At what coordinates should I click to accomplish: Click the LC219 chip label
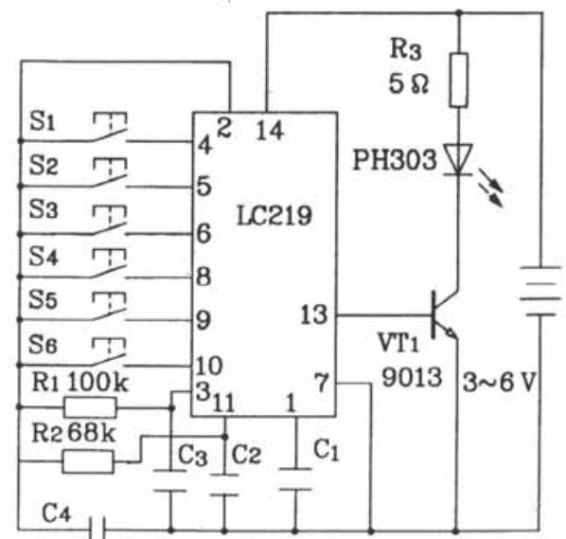pyautogui.click(x=274, y=216)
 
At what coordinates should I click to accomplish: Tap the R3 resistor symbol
pyautogui.click(x=459, y=80)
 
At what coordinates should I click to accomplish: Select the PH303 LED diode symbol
pyautogui.click(x=458, y=159)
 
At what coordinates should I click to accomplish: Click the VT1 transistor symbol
pyautogui.click(x=444, y=315)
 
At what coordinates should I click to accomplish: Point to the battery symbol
pyautogui.click(x=540, y=291)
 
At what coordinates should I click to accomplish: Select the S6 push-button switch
pyautogui.click(x=109, y=351)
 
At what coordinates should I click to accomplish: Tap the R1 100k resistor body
pyautogui.click(x=90, y=407)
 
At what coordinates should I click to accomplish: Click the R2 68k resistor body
pyautogui.click(x=88, y=461)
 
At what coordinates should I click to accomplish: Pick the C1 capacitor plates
pyautogui.click(x=295, y=479)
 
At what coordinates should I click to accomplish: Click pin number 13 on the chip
pyautogui.click(x=313, y=314)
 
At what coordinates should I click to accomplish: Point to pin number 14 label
pyautogui.click(x=270, y=131)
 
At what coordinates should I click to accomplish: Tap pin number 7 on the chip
pyautogui.click(x=322, y=382)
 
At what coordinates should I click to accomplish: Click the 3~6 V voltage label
pyautogui.click(x=499, y=382)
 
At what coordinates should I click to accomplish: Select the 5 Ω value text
pyautogui.click(x=408, y=83)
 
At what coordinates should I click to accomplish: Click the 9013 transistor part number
pyautogui.click(x=412, y=378)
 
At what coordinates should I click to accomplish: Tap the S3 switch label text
pyautogui.click(x=44, y=209)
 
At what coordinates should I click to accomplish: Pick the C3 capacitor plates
pyautogui.click(x=170, y=481)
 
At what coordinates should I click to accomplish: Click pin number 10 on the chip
pyautogui.click(x=209, y=366)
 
